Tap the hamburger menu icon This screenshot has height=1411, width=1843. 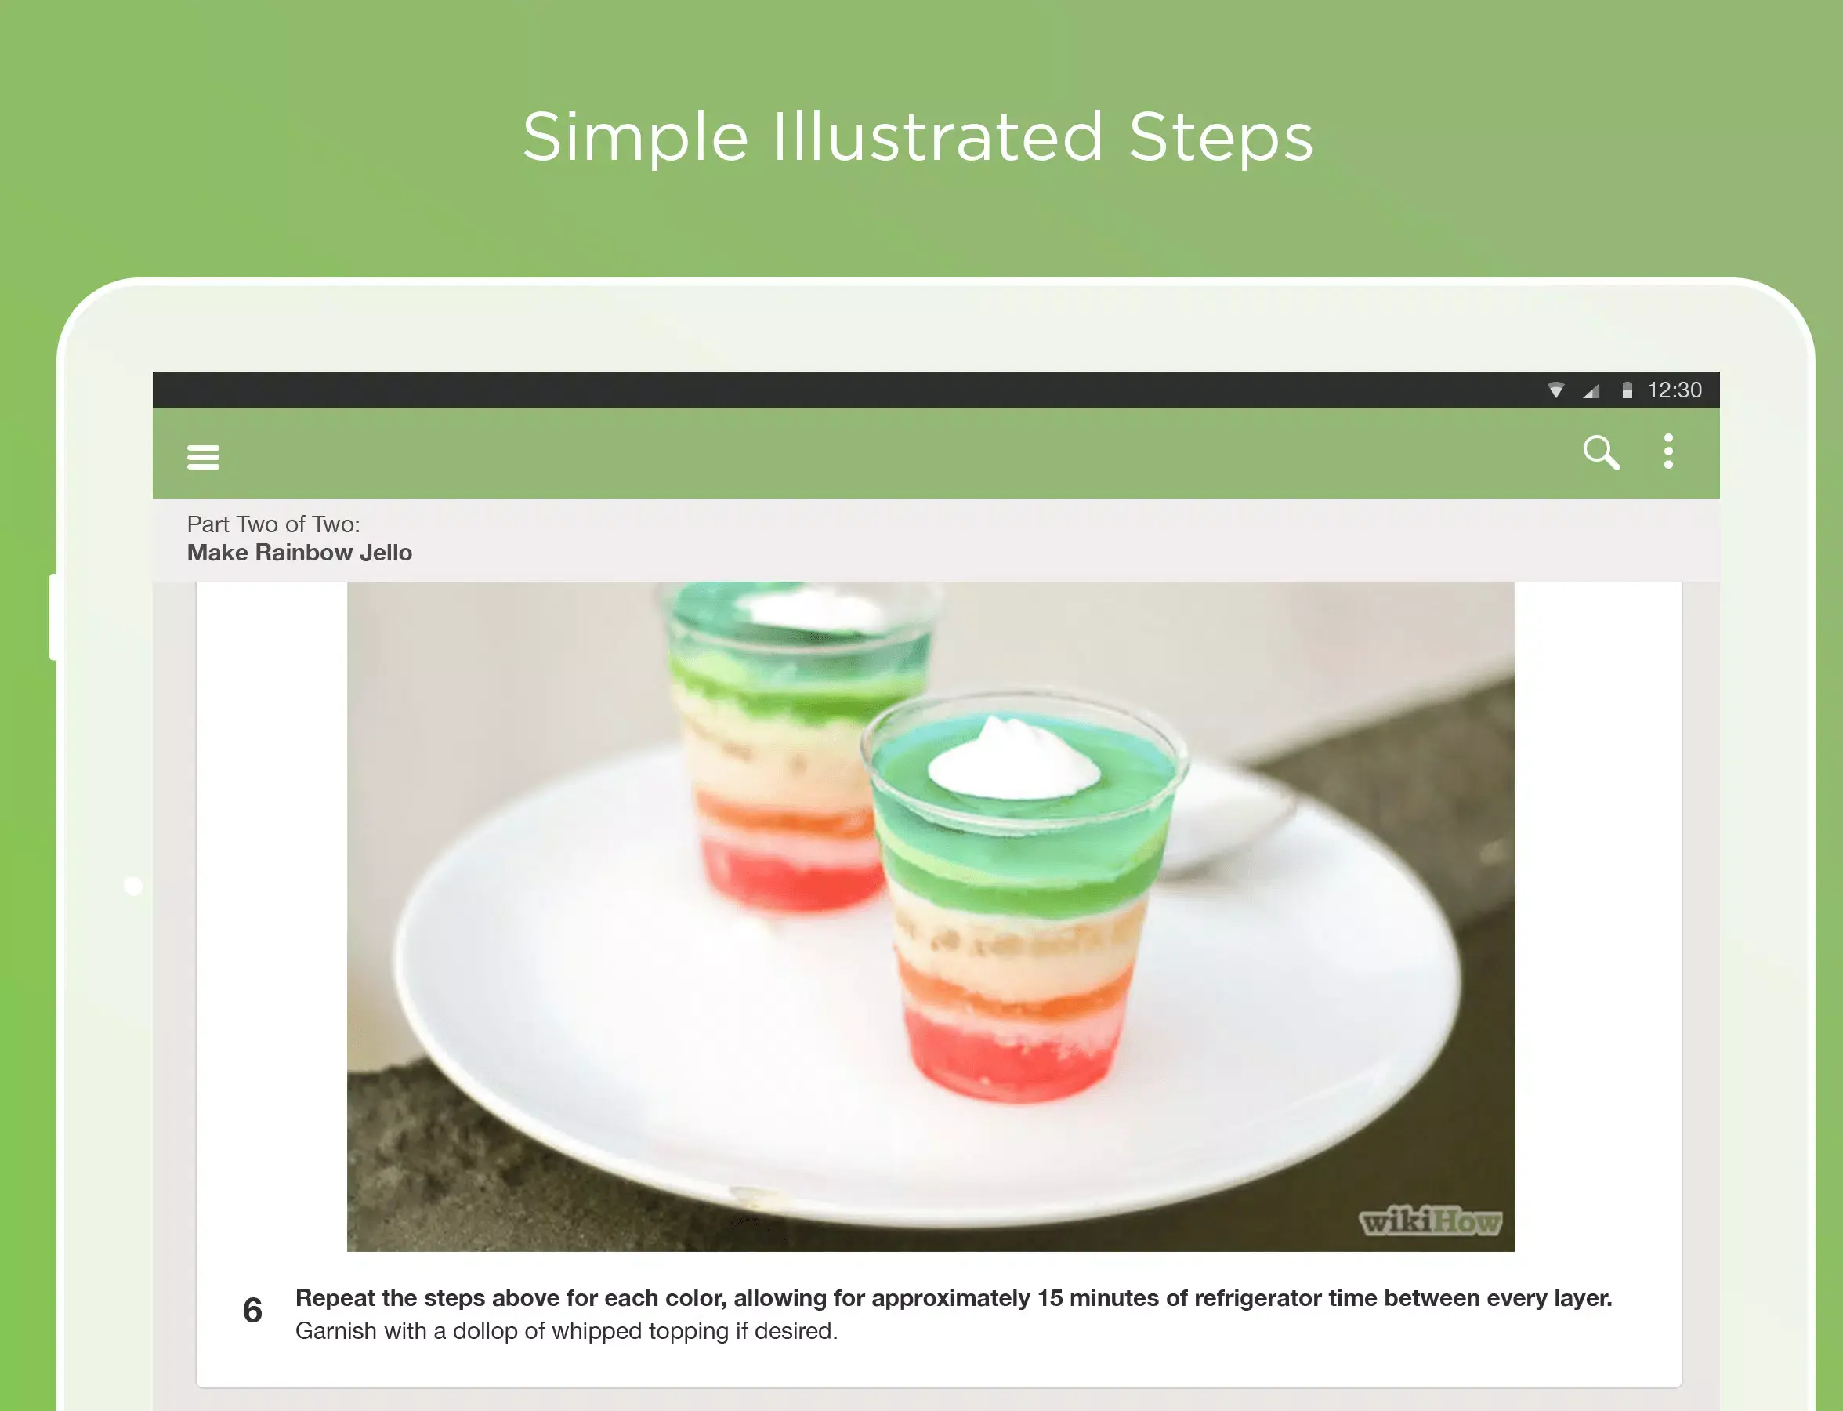203,458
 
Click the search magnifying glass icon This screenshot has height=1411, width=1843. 1600,453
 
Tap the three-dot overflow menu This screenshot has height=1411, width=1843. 1668,452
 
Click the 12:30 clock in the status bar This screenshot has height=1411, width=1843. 1675,390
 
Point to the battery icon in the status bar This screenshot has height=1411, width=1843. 1628,390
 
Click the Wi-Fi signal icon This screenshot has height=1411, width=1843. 1556,390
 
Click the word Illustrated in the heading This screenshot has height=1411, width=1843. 937,137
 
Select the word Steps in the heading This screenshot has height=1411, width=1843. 1221,137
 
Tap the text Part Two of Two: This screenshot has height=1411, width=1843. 273,524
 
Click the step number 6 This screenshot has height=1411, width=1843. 252,1310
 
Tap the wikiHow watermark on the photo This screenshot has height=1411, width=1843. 1430,1222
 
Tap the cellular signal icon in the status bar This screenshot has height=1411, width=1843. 1591,390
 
